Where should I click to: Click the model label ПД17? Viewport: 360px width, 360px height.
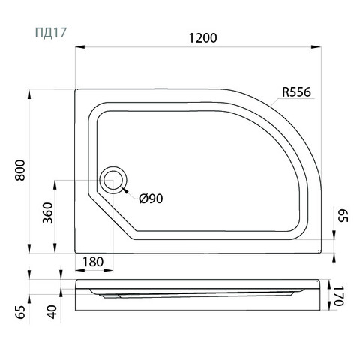click(51, 33)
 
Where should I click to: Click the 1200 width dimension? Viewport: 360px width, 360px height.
click(202, 38)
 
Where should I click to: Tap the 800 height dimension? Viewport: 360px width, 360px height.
click(20, 170)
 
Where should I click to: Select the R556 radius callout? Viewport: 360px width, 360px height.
click(296, 92)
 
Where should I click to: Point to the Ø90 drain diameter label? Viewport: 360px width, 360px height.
click(151, 199)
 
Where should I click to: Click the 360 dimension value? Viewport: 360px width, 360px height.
click(48, 213)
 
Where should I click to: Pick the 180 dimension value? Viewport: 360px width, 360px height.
click(93, 262)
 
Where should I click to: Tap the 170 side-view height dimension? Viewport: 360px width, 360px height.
click(339, 296)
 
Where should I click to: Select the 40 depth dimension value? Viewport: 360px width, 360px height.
click(52, 312)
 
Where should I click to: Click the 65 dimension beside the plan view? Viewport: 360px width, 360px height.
click(343, 216)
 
